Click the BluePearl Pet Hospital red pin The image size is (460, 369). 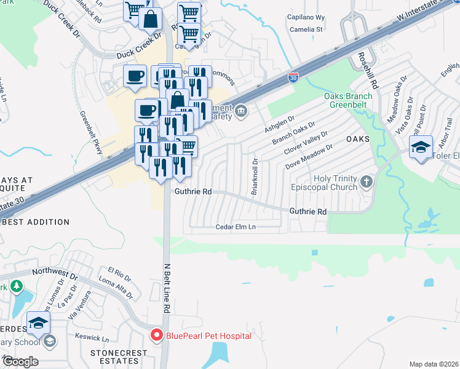(156, 336)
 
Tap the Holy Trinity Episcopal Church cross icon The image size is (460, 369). (367, 181)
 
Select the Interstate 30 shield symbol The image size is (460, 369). (293, 79)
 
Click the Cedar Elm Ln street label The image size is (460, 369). (236, 227)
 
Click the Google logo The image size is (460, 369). (20, 362)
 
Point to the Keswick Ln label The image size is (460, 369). (92, 338)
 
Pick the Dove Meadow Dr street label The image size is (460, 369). (309, 157)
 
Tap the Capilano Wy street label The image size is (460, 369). (306, 18)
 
